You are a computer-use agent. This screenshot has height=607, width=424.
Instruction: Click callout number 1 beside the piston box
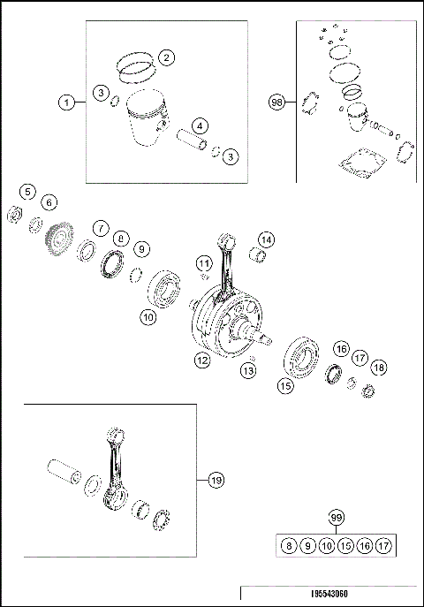point(67,103)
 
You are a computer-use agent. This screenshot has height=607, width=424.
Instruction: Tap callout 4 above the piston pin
point(201,125)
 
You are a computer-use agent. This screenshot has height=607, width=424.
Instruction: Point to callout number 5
point(28,191)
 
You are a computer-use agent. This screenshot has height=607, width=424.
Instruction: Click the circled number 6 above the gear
point(49,202)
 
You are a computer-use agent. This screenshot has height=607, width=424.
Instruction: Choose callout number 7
point(102,226)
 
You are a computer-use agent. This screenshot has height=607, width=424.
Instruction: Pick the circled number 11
point(204,262)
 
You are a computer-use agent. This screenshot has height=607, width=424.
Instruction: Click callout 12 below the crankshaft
point(202,360)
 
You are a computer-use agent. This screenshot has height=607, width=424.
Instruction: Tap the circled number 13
point(250,371)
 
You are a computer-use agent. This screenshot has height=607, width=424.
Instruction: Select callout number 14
point(266,239)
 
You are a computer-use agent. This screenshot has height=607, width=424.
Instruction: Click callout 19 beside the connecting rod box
point(216,481)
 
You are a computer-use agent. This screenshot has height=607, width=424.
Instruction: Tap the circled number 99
point(335,517)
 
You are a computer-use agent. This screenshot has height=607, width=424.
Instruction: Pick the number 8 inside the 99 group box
point(288,545)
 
